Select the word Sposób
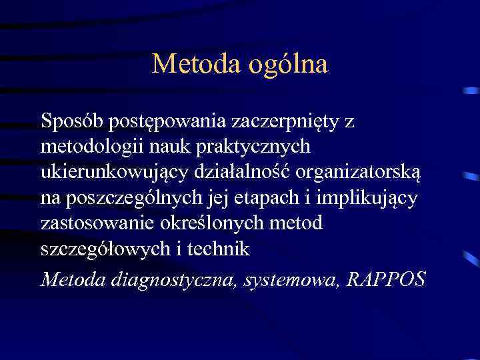[66, 121]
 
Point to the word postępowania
[162, 123]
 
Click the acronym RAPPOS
[387, 279]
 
